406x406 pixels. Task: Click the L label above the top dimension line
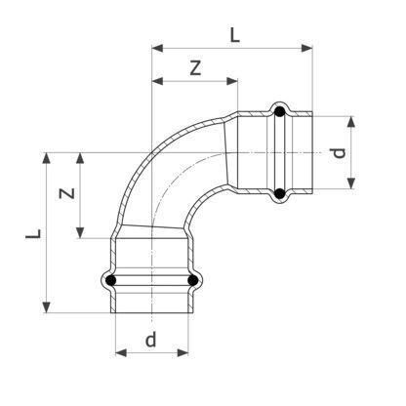point(235,35)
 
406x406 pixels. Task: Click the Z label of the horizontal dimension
point(195,68)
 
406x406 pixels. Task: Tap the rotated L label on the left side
point(33,233)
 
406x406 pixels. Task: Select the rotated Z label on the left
point(67,193)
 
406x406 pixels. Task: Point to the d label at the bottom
point(150,340)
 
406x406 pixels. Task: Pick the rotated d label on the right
point(339,152)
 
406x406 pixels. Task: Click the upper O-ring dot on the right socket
point(280,112)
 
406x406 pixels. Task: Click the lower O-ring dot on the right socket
point(279,194)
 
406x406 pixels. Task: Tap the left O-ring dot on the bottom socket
point(111,280)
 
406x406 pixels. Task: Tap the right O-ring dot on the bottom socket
point(193,280)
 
